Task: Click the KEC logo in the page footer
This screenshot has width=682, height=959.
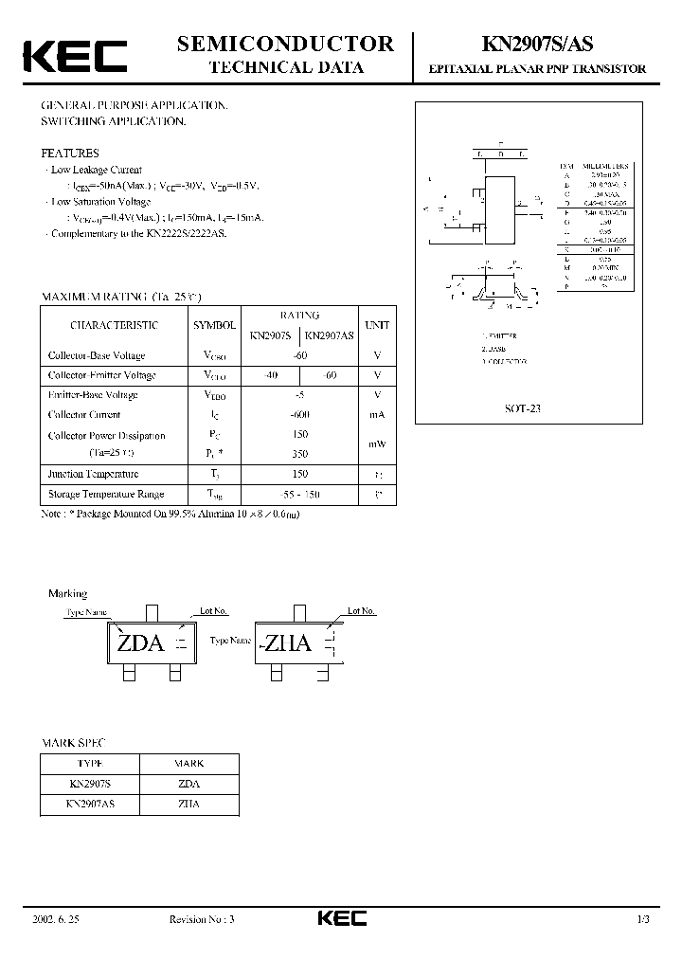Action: (340, 917)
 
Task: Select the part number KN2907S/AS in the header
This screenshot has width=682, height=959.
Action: (538, 44)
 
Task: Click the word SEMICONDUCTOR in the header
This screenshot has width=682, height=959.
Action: (285, 44)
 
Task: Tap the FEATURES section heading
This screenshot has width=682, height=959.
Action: (69, 153)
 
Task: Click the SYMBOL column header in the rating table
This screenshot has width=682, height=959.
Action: (215, 325)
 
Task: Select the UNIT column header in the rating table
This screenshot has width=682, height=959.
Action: (377, 325)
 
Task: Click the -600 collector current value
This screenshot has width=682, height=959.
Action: (299, 415)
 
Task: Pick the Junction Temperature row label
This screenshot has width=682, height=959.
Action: (93, 474)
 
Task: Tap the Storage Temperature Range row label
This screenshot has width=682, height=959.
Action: (105, 494)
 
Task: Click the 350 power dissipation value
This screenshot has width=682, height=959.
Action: (299, 455)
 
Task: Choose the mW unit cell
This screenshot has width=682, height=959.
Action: (377, 444)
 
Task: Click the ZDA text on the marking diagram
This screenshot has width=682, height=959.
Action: (140, 644)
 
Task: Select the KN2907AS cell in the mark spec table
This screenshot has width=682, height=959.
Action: (90, 804)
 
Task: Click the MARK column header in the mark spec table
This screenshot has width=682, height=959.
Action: (188, 763)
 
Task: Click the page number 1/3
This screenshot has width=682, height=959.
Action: (643, 918)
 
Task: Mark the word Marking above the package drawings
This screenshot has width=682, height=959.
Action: (67, 593)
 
